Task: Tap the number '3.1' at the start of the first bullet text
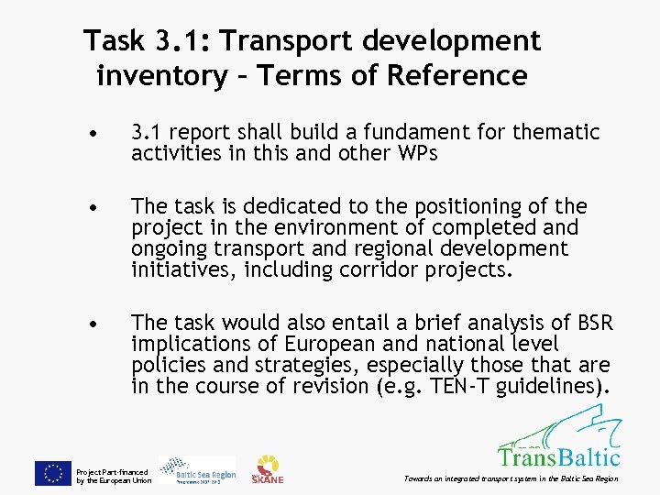click(x=145, y=133)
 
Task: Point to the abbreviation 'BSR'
click(x=591, y=323)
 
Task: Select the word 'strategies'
click(x=291, y=365)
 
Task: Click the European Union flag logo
click(x=52, y=472)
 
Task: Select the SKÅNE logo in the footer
click(x=269, y=469)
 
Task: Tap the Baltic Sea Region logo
click(x=197, y=469)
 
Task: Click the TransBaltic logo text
click(x=558, y=456)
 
